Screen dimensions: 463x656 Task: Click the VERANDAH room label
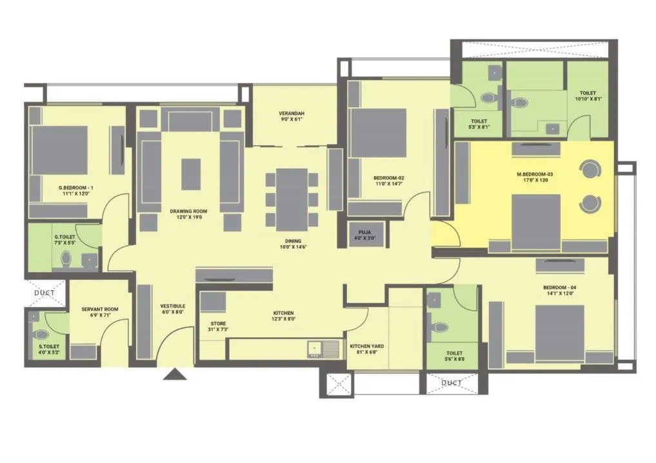pos(292,113)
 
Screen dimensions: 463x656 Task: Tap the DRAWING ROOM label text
pos(188,211)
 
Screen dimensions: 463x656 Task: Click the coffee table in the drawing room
pos(191,174)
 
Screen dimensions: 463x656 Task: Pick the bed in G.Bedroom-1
pos(59,155)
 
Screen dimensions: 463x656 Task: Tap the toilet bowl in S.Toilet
pos(41,335)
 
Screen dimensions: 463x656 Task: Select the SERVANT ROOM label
pos(100,310)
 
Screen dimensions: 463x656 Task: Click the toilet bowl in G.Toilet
pos(66,259)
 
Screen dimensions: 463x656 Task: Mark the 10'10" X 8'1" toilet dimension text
pos(587,99)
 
